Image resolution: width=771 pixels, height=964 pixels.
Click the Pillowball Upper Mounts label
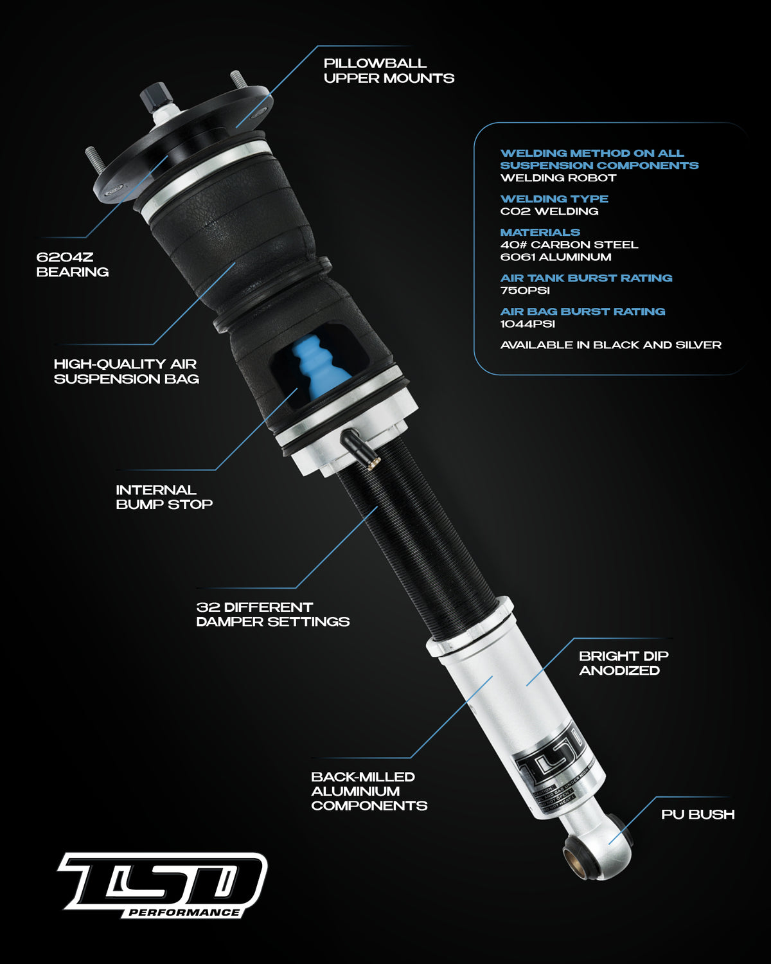pyautogui.click(x=389, y=71)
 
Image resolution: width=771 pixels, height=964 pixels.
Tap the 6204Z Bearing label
pyautogui.click(x=72, y=264)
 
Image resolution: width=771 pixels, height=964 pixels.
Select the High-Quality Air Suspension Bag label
pyautogui.click(x=126, y=371)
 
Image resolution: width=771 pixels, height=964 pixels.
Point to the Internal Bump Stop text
pyautogui.click(x=164, y=497)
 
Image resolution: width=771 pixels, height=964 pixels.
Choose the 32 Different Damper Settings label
pyautogui.click(x=272, y=614)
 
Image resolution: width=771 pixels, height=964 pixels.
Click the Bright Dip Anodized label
pyautogui.click(x=623, y=663)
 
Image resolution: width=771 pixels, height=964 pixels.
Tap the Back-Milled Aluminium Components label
pyautogui.click(x=369, y=790)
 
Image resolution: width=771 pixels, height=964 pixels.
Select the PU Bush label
pyautogui.click(x=698, y=814)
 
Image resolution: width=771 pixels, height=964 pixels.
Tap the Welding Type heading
pyautogui.click(x=554, y=199)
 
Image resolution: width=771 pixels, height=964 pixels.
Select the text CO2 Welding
pyautogui.click(x=549, y=211)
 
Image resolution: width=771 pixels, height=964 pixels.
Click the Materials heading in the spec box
pyautogui.click(x=540, y=232)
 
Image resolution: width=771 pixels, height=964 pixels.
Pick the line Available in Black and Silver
pyautogui.click(x=610, y=345)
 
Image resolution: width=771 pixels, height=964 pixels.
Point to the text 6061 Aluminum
pyautogui.click(x=555, y=257)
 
